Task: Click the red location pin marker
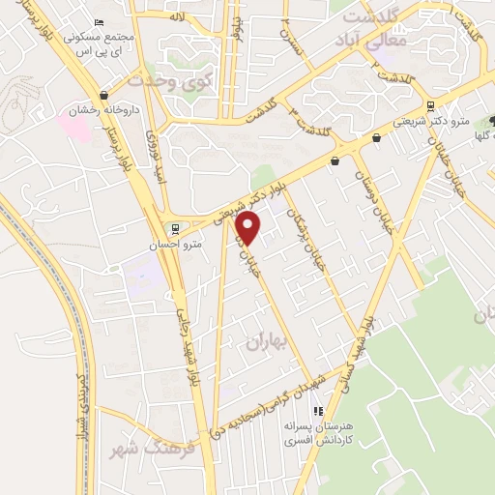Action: coord(248,228)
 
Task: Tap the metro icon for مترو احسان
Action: coord(174,229)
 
